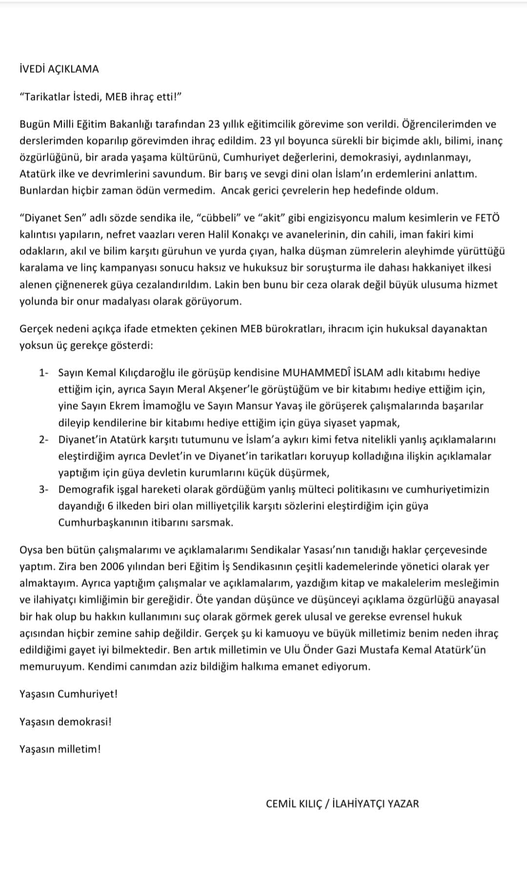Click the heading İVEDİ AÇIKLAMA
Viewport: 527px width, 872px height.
59,69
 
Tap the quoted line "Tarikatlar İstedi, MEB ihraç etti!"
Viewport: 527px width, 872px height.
101,97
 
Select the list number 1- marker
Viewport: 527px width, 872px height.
44,373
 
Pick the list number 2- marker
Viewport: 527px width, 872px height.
44,439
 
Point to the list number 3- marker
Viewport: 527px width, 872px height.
44,489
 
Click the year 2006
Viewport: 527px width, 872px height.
116,566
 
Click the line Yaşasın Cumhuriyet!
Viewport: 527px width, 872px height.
68,694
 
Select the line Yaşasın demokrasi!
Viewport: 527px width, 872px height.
65,721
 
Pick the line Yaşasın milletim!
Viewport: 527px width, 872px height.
60,749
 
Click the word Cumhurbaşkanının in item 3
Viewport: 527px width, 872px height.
104,522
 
